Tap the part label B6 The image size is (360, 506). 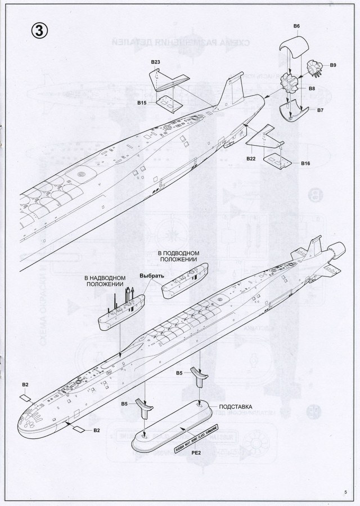296,26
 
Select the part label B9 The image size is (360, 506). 333,66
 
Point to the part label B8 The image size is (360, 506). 312,88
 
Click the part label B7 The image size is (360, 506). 320,110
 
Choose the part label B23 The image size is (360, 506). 156,61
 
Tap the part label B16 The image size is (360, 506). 305,163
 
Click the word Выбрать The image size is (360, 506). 152,276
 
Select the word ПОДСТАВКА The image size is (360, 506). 235,406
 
